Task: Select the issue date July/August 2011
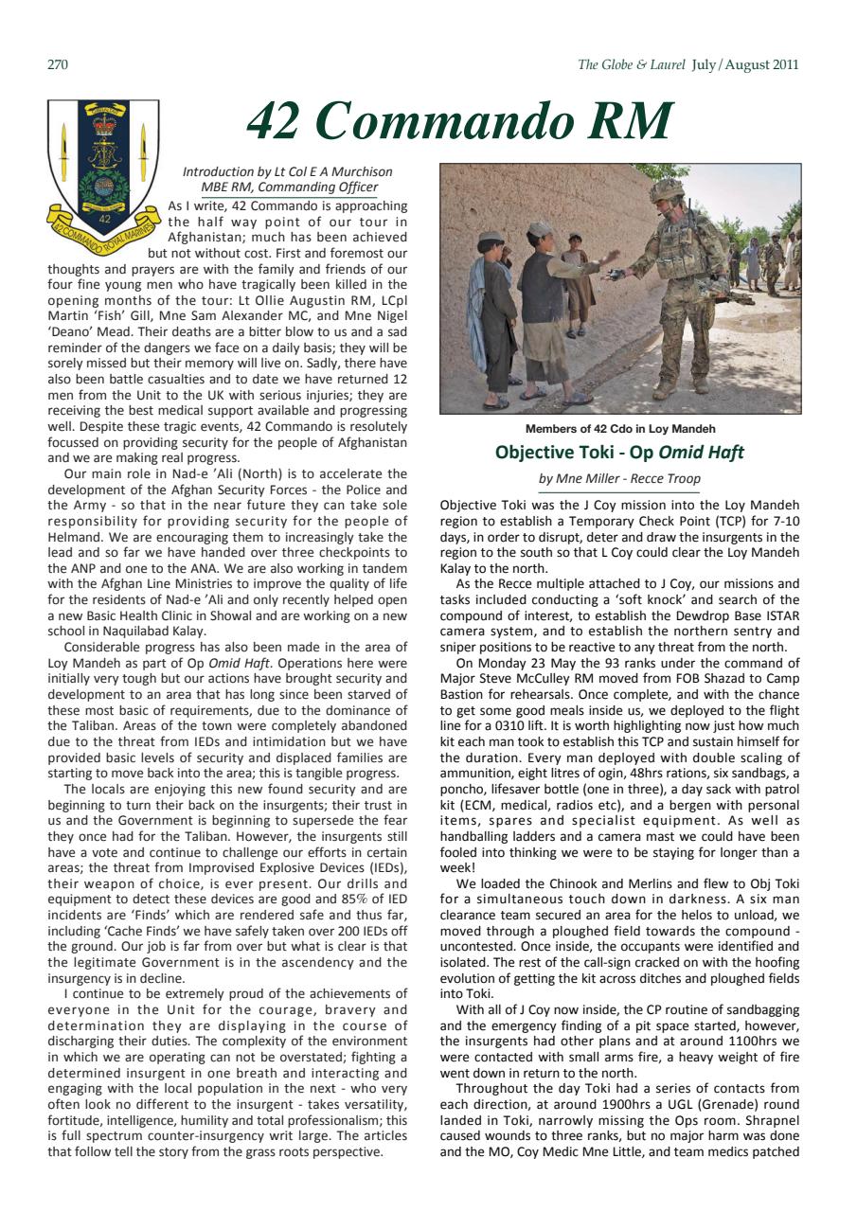pos(745,64)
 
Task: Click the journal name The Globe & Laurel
pos(632,64)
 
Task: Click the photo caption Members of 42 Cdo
pos(619,429)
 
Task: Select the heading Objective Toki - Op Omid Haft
pos(619,453)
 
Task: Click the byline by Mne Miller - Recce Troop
pos(619,479)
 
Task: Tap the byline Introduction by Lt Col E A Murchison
pos(287,172)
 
